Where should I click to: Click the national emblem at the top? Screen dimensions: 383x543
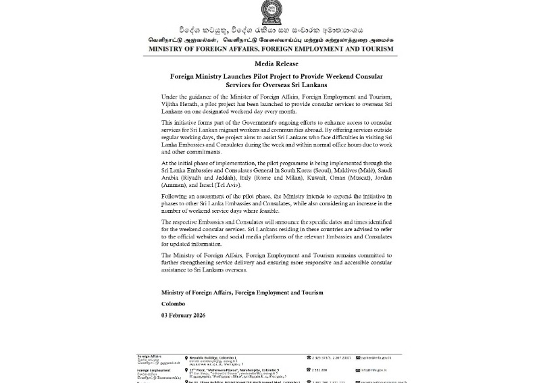(271, 13)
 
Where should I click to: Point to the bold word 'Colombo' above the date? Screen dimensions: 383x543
(173, 304)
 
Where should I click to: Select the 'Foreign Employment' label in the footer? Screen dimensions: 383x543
(153, 370)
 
